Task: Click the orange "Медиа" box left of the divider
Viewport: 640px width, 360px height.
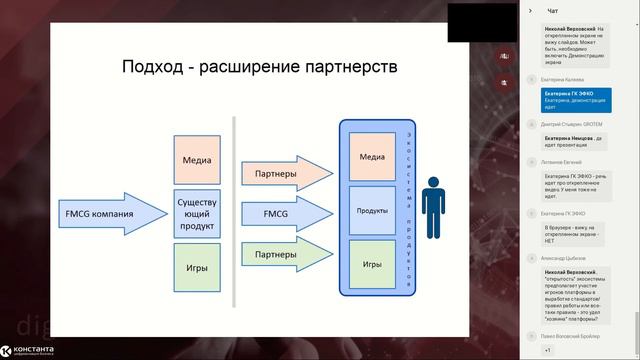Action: pyautogui.click(x=197, y=159)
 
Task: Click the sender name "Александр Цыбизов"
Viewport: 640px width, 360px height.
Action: pyautogui.click(x=567, y=256)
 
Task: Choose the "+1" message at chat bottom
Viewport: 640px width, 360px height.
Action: pyautogui.click(x=547, y=351)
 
